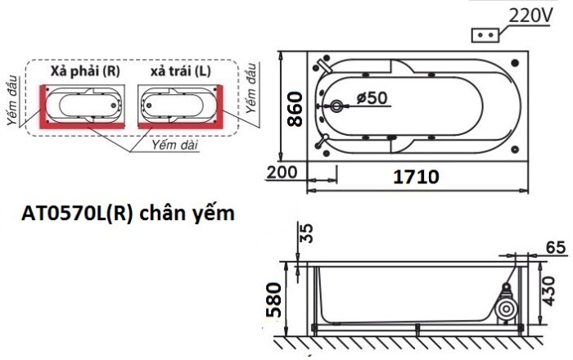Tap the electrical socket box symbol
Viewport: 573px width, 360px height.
tap(485, 35)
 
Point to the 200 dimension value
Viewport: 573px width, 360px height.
tap(281, 173)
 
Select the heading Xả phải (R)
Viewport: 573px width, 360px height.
tap(85, 71)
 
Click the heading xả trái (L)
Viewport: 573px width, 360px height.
tap(180, 71)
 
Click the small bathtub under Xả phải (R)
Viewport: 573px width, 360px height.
tap(86, 104)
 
